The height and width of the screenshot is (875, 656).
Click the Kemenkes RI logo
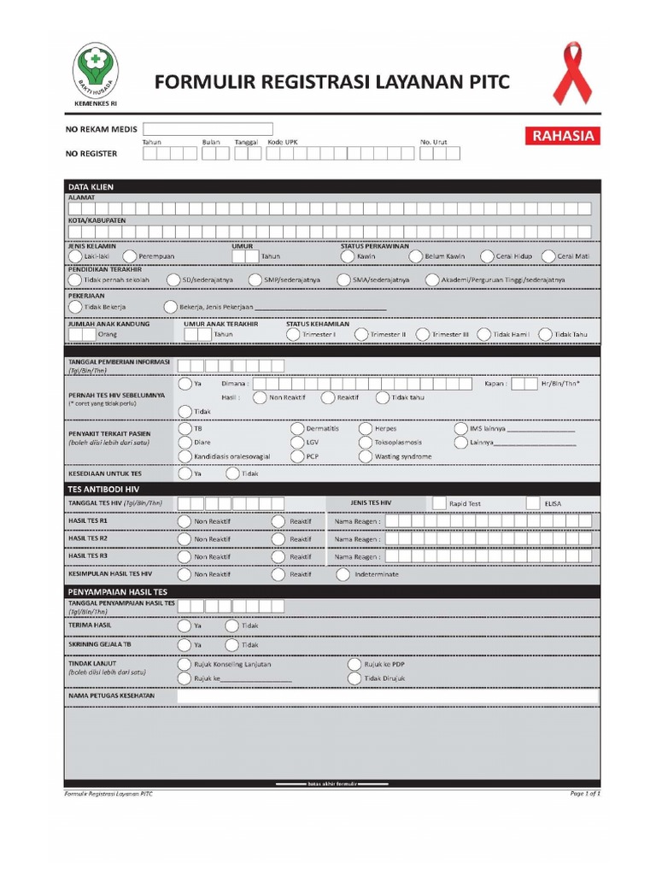pos(97,73)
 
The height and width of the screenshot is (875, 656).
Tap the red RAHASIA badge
pos(563,135)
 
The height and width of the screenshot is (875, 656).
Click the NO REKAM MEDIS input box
pos(208,129)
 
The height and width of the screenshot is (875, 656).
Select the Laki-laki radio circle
pos(75,255)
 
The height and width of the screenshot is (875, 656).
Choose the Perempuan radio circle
pos(129,255)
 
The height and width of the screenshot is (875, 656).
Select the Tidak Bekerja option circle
pos(75,307)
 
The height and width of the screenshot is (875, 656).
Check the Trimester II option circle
pos(361,334)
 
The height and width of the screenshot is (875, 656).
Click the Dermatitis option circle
pos(296,428)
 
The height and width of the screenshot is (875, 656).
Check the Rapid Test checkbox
pos(439,503)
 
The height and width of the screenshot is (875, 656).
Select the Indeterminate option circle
pos(343,574)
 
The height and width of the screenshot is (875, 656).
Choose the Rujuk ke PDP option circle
pos(354,664)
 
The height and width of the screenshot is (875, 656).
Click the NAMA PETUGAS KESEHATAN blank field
pos(388,696)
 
